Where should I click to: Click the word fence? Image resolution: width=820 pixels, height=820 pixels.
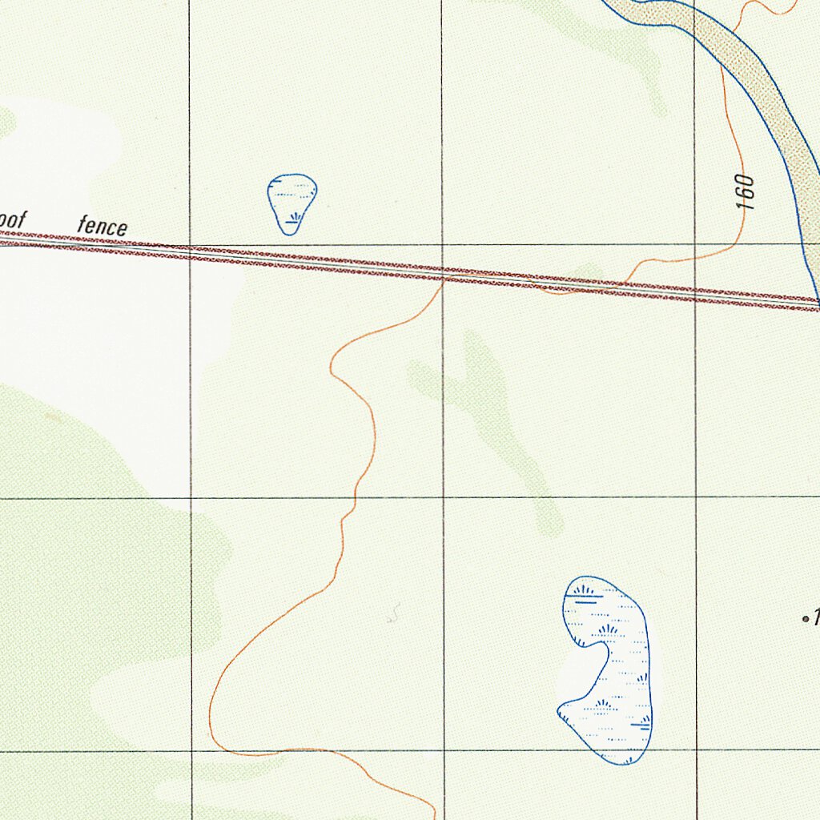102,227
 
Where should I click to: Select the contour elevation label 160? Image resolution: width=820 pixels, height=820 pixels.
746,191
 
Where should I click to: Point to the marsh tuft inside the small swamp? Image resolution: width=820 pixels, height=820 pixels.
296,216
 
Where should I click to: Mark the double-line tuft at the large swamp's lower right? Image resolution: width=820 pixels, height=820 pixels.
640,725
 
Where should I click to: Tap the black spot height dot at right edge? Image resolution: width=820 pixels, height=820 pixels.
805,619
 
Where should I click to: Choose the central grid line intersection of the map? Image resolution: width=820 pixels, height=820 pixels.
443,497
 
